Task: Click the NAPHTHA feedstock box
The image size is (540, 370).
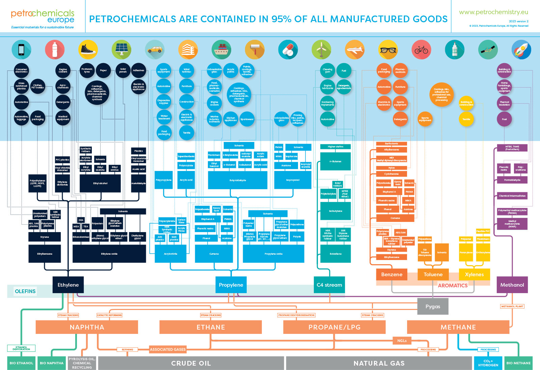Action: pyautogui.click(x=87, y=327)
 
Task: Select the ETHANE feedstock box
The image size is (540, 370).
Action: pyautogui.click(x=211, y=327)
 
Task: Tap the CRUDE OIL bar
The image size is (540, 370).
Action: pyautogui.click(x=191, y=363)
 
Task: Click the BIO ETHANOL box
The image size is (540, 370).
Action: pyautogui.click(x=21, y=363)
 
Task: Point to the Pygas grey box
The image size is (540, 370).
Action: pyautogui.click(x=433, y=306)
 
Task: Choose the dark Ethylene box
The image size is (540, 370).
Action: pyautogui.click(x=68, y=285)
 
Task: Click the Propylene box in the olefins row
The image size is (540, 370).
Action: pyautogui.click(x=231, y=285)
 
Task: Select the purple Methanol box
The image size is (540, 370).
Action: pyautogui.click(x=512, y=285)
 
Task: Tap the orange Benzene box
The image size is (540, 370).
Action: pyautogui.click(x=391, y=274)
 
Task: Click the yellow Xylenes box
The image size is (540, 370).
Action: pyautogui.click(x=474, y=274)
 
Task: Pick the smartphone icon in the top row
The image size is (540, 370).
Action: pyautogui.click(x=21, y=50)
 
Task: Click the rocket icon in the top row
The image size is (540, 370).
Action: pyautogui.click(x=521, y=50)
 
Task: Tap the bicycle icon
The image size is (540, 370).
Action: pyautogui.click(x=421, y=50)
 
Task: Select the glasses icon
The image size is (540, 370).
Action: pyautogui.click(x=388, y=50)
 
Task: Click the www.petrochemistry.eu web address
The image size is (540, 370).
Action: pyautogui.click(x=493, y=12)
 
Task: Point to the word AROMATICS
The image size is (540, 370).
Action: pyautogui.click(x=453, y=285)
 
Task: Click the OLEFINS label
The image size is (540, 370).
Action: pyautogui.click(x=25, y=291)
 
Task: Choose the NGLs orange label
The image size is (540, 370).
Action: pyautogui.click(x=402, y=341)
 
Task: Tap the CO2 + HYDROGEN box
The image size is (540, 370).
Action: pyautogui.click(x=488, y=363)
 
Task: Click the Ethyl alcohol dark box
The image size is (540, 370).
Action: pyautogui.click(x=100, y=183)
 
